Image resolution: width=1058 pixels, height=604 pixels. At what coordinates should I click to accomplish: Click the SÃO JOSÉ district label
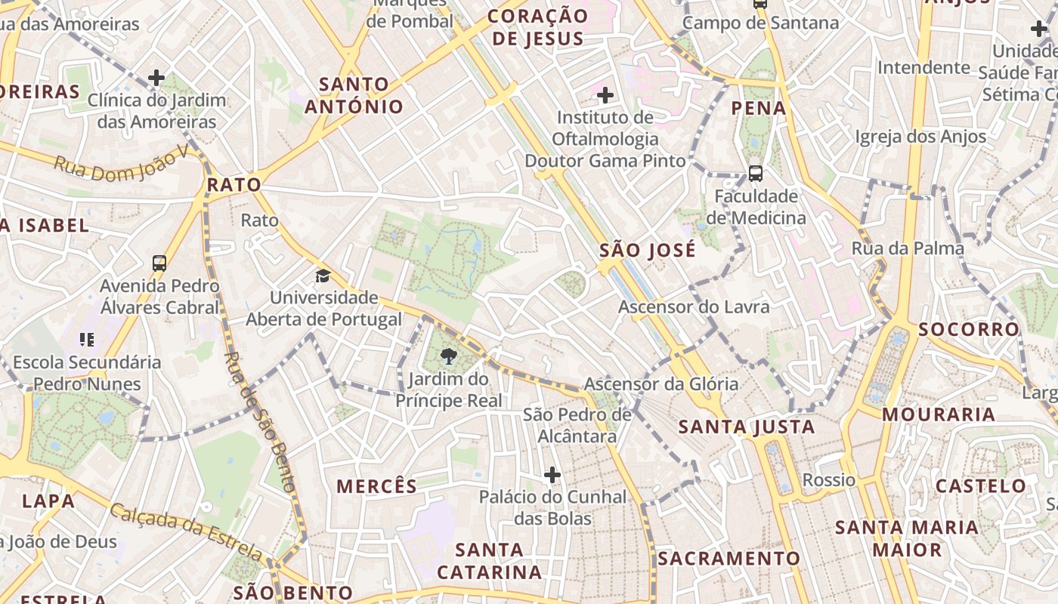coord(648,251)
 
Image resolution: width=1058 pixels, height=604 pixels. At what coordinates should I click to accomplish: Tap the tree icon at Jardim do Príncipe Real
coord(449,356)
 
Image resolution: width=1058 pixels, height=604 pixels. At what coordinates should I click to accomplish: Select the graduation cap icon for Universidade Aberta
coord(323,276)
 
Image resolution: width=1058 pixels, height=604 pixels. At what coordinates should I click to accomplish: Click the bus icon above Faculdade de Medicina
coord(755,173)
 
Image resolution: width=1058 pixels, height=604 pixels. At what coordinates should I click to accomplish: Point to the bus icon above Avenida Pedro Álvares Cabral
coord(159,263)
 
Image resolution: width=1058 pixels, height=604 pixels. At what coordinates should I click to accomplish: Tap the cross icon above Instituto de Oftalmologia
coord(605,95)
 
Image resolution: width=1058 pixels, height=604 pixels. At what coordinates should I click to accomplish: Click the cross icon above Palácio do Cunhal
coord(552,475)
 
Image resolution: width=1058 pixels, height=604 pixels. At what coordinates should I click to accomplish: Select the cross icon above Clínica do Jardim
coord(156,77)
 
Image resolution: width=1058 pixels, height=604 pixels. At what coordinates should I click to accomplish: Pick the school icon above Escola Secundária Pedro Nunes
coord(87,340)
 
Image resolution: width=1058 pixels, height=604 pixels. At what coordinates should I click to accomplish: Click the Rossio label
coord(829,480)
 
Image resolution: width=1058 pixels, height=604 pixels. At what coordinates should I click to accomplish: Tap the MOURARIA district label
coord(939,414)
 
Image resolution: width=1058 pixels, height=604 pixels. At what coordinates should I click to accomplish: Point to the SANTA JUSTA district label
coord(747,427)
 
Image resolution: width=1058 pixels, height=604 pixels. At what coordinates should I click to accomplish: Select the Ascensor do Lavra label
coord(694,307)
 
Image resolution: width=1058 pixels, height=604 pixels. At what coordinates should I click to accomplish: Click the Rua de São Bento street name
coord(258,423)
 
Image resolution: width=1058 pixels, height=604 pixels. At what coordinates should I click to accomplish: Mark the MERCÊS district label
coord(376,486)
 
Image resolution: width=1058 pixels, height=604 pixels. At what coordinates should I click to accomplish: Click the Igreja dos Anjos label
coord(920,137)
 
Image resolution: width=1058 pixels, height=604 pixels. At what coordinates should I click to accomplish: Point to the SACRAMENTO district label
coord(729,559)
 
